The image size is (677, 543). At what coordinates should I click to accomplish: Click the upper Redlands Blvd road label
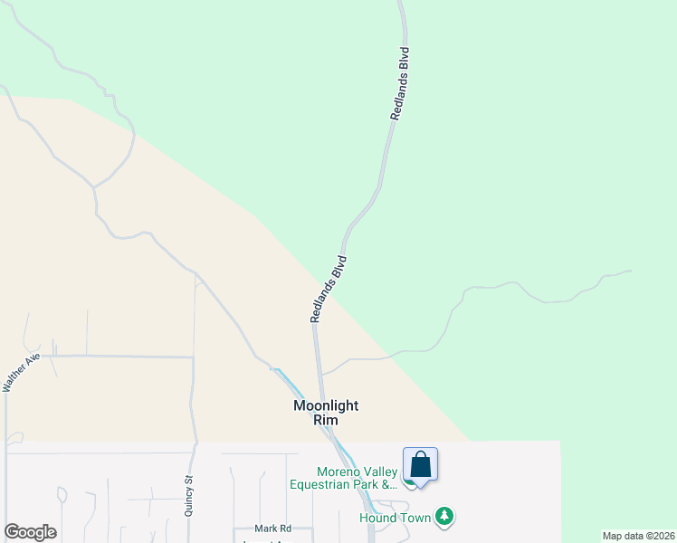click(x=400, y=84)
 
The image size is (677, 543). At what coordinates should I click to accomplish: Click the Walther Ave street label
click(x=23, y=372)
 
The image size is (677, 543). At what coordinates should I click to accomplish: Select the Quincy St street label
click(x=188, y=497)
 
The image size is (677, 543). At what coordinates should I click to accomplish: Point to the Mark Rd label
click(x=272, y=528)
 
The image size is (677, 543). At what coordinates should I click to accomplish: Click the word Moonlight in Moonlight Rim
click(x=326, y=405)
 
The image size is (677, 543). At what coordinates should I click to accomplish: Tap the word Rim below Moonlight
click(x=325, y=420)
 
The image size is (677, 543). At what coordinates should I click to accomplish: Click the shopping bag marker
click(x=420, y=464)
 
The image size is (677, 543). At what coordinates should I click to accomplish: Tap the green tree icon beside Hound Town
click(x=443, y=517)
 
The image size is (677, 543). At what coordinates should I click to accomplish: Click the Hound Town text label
click(x=395, y=518)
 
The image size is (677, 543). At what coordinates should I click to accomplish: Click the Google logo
click(x=30, y=532)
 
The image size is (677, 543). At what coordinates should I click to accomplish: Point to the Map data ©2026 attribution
click(x=637, y=536)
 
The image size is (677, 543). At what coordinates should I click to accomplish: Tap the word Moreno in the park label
click(x=337, y=472)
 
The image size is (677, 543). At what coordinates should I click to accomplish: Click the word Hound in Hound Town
click(x=378, y=518)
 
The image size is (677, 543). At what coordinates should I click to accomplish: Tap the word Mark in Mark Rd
click(x=264, y=528)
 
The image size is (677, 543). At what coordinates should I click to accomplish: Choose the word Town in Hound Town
click(x=414, y=518)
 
